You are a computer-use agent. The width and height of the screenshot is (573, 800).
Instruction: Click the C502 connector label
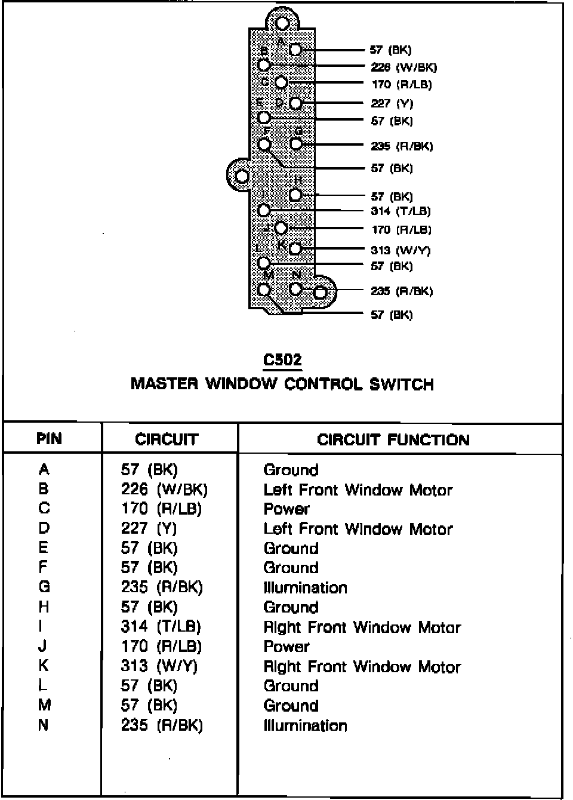click(282, 360)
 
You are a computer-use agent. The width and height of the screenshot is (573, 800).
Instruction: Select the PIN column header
click(49, 439)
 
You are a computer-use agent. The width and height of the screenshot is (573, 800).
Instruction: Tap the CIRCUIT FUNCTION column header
click(393, 440)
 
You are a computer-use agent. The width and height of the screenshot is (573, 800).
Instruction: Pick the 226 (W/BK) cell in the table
click(164, 490)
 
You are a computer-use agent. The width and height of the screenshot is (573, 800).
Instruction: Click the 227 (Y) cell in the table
click(149, 528)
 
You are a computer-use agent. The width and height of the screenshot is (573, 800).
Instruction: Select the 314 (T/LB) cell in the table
click(161, 626)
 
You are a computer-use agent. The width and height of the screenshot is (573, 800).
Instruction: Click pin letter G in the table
click(44, 587)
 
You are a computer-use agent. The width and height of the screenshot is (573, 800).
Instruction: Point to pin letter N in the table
click(44, 725)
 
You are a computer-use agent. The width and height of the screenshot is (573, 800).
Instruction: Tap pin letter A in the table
click(44, 470)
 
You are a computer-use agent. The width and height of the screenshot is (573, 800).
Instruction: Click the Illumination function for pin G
click(305, 587)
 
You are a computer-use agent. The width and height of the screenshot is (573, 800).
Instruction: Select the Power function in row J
click(286, 646)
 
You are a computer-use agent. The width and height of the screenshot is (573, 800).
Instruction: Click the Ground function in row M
click(291, 705)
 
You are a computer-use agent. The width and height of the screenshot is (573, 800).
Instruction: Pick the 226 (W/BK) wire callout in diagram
click(403, 67)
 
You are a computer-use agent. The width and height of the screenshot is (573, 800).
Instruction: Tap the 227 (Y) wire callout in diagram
click(392, 103)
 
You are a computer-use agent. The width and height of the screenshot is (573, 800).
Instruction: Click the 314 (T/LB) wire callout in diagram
click(401, 211)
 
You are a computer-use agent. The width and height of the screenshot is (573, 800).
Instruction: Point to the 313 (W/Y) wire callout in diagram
click(400, 250)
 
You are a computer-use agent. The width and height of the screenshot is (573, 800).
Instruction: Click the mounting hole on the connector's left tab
click(242, 176)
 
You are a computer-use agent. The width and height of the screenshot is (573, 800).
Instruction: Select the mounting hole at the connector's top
click(282, 23)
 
